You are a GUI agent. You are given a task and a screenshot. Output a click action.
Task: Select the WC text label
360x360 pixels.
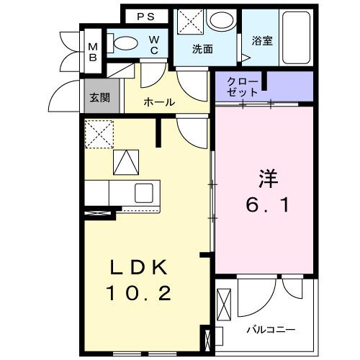pyautogui.click(x=154, y=45)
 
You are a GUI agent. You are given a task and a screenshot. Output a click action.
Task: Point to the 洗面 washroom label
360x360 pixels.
pyautogui.click(x=202, y=50)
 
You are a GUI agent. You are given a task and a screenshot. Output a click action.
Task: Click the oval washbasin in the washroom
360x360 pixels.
pyautogui.click(x=219, y=20)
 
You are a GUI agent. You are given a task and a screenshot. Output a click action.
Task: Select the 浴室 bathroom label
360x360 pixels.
pyautogui.click(x=261, y=41)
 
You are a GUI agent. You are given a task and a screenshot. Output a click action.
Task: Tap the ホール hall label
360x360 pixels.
pyautogui.click(x=159, y=102)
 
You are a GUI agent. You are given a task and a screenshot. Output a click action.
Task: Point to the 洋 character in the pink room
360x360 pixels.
pyautogui.click(x=265, y=176)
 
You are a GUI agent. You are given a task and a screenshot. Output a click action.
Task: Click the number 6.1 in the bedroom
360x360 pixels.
pyautogui.click(x=264, y=206)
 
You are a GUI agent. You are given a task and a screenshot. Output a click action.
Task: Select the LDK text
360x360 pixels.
pyautogui.click(x=141, y=269)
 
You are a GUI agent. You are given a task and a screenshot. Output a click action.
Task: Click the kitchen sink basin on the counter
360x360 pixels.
pyautogui.click(x=143, y=192)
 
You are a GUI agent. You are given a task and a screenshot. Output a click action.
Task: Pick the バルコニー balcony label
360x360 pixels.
pyautogui.click(x=271, y=329)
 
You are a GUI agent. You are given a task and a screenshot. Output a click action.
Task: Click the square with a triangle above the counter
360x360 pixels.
pyautogui.click(x=126, y=161)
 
